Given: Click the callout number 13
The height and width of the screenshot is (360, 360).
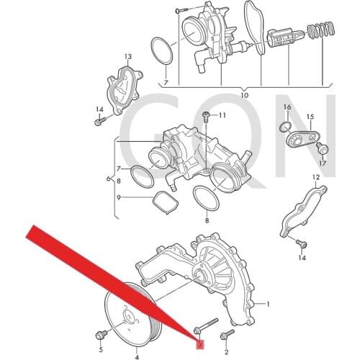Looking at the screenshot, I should tap(127, 56).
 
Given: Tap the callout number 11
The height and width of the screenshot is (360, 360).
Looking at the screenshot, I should tap(222, 115).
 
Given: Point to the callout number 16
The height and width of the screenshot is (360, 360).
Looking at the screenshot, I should tap(287, 107).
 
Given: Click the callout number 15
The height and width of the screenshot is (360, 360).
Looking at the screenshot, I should tap(311, 116).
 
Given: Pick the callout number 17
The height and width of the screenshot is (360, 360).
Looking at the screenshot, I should tap(322, 163).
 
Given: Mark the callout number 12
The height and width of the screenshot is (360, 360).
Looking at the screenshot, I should tap(315, 176).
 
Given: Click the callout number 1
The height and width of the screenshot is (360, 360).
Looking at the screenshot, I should tap(268, 305).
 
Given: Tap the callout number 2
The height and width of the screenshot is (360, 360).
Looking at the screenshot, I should tap(225, 352).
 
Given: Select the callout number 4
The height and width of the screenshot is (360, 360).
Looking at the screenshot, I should tap(137, 356).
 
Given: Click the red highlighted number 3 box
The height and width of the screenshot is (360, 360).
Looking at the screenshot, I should tap(199, 343).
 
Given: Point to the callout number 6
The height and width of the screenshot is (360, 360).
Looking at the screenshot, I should tap(109, 178).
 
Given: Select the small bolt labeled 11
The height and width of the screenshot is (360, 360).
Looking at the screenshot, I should tap(207, 116).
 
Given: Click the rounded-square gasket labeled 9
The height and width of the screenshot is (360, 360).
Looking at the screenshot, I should tap(164, 202).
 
